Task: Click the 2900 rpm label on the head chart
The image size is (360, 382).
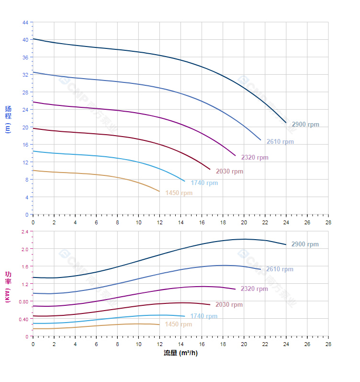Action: pyautogui.click(x=305, y=125)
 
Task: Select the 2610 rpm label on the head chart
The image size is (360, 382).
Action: pyautogui.click(x=280, y=142)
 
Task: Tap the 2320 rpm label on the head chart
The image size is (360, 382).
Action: pyautogui.click(x=255, y=157)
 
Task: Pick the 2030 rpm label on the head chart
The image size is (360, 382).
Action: pyautogui.click(x=229, y=172)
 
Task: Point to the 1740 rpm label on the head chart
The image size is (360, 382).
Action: pyautogui.click(x=204, y=183)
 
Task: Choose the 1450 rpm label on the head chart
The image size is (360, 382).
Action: pyautogui.click(x=179, y=193)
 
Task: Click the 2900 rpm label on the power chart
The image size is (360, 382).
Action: pyautogui.click(x=305, y=244)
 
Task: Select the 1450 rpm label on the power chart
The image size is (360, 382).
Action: pyautogui.click(x=178, y=324)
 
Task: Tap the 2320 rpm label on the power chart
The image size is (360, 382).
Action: pyautogui.click(x=254, y=289)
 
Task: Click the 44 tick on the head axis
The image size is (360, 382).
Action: pyautogui.click(x=25, y=22)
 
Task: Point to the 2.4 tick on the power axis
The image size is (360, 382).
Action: pyautogui.click(x=25, y=232)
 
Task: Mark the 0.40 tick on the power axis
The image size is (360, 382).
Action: pyautogui.click(x=24, y=319)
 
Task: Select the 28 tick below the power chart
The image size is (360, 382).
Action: pyautogui.click(x=328, y=344)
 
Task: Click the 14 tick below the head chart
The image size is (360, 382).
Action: pyautogui.click(x=180, y=222)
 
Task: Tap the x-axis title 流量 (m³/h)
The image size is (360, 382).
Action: pyautogui.click(x=180, y=353)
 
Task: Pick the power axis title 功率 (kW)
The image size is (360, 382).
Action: pyautogui.click(x=8, y=286)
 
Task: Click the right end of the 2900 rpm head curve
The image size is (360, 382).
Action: pyautogui.click(x=286, y=123)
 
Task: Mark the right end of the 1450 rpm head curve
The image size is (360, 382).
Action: pyautogui.click(x=159, y=191)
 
